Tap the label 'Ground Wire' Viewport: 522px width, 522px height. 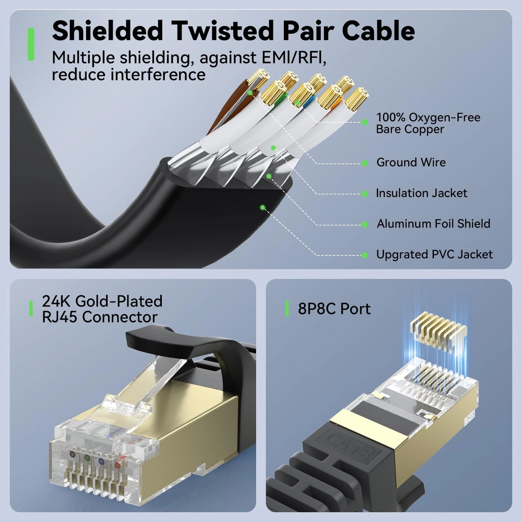coord(411,163)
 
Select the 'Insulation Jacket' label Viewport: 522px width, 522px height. coord(421,193)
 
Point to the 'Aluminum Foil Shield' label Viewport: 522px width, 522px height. coord(433,224)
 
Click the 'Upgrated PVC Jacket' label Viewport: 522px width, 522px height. coord(434,255)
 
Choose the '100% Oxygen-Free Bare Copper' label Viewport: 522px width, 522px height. coord(428,123)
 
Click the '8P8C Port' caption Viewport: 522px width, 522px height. coord(334,309)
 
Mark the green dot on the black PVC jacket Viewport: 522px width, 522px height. coord(262,207)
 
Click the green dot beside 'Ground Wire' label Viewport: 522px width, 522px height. coord(365,163)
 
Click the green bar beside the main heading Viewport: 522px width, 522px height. coord(31,44)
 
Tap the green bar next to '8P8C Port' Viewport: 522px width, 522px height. coord(287,309)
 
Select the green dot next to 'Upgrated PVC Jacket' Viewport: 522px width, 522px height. coord(365,255)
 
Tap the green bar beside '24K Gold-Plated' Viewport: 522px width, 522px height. coord(31,309)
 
